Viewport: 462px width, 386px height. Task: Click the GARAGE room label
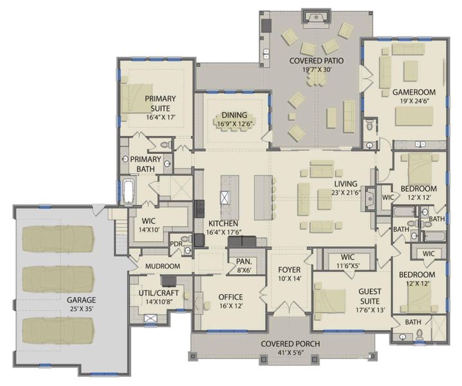[81, 300]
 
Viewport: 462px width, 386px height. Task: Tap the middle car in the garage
[58, 278]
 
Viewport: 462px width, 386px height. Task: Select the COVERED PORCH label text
[290, 344]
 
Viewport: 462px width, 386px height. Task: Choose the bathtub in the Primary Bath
[128, 191]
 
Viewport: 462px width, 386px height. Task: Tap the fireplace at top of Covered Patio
[315, 17]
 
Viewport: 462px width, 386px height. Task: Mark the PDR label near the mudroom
[175, 244]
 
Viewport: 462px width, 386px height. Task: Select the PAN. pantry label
[243, 262]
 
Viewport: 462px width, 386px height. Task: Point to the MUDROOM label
[162, 266]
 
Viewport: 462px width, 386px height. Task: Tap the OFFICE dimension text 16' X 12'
[230, 306]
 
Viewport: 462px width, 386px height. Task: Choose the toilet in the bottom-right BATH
[419, 334]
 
